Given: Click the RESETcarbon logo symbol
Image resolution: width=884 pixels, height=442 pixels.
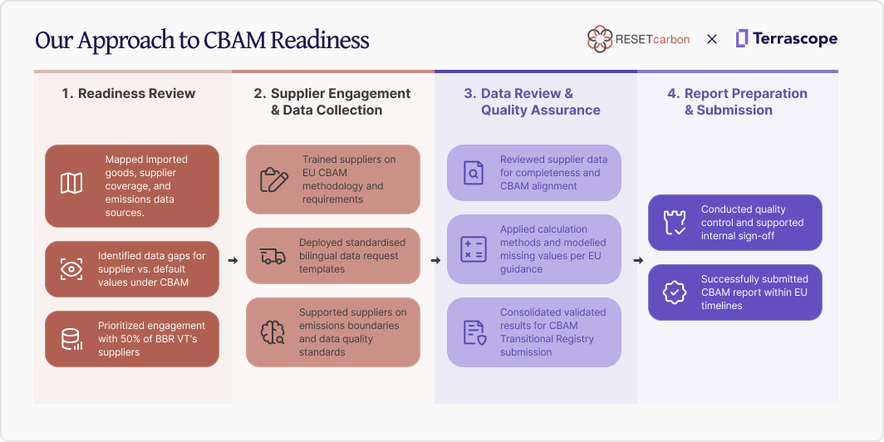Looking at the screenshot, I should (599, 39).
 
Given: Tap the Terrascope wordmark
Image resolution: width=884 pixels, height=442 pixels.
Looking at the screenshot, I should (794, 39).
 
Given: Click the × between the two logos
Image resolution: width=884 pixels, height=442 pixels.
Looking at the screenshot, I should (712, 39).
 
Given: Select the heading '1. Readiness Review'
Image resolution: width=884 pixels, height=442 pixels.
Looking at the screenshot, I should (128, 93).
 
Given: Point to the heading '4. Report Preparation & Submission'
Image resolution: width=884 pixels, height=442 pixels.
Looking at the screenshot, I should (736, 101).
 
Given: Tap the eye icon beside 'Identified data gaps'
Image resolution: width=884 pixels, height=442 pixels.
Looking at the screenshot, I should (71, 269).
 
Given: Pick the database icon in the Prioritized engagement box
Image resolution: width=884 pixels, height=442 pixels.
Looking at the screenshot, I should (71, 339).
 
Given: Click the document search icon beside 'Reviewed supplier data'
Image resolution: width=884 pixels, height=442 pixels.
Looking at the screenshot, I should (474, 173).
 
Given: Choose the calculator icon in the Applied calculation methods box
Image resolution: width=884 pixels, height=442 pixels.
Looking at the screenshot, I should (474, 249).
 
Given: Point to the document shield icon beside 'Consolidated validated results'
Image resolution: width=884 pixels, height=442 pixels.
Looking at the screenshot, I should (474, 332).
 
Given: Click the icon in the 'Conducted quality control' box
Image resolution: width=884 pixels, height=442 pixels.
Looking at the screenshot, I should (675, 223).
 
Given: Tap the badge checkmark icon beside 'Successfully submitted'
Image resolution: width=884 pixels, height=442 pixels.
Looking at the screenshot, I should (675, 292).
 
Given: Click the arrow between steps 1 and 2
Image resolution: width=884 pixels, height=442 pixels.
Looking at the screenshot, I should (233, 261).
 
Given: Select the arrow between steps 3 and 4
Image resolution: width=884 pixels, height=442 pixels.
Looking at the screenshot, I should (637, 261).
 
